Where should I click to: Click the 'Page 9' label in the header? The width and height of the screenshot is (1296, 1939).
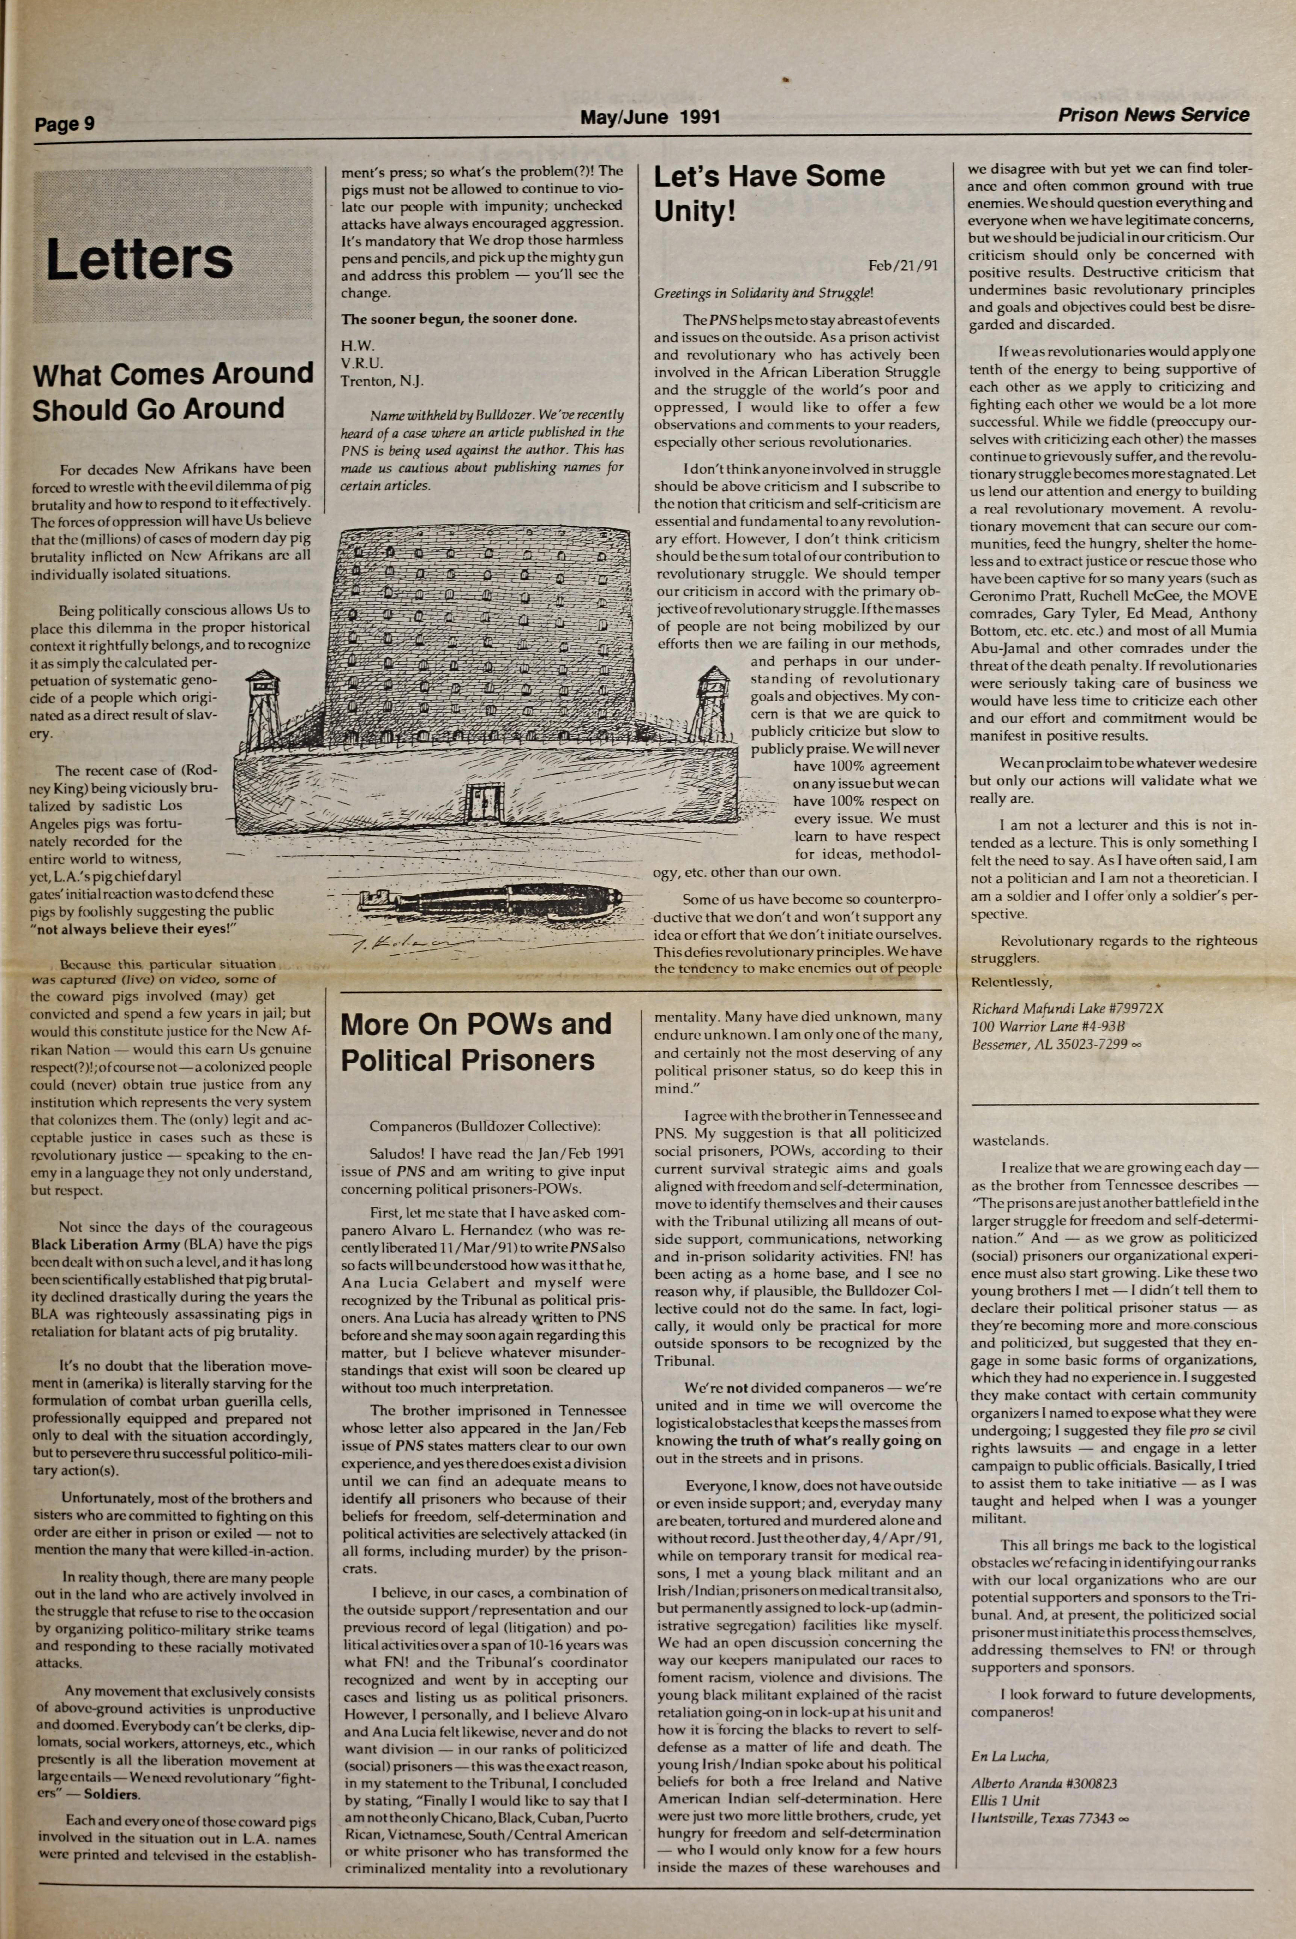[x=65, y=124]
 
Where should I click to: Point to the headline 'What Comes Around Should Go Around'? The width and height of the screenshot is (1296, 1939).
[x=173, y=391]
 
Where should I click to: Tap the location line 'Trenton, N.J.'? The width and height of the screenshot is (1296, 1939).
[x=382, y=381]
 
